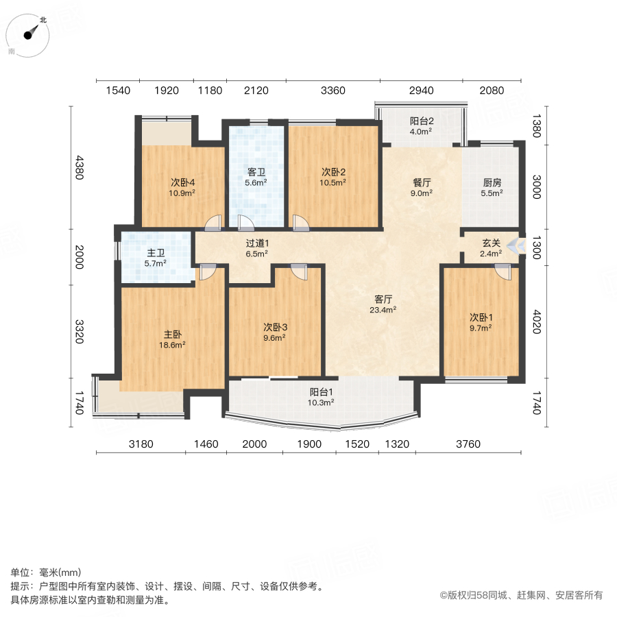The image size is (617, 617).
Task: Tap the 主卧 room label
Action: (x=172, y=335)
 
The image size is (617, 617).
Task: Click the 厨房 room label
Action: (x=492, y=183)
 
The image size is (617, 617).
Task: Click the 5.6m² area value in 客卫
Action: (x=256, y=183)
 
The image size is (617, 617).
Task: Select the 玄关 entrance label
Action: (x=491, y=243)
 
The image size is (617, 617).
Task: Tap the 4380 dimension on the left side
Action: (x=80, y=167)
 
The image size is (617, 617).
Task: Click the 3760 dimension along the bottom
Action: (x=468, y=444)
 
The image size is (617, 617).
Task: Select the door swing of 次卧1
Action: (x=505, y=271)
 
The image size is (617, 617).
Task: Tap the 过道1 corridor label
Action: (x=257, y=243)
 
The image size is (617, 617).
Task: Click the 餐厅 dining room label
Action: (x=421, y=183)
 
